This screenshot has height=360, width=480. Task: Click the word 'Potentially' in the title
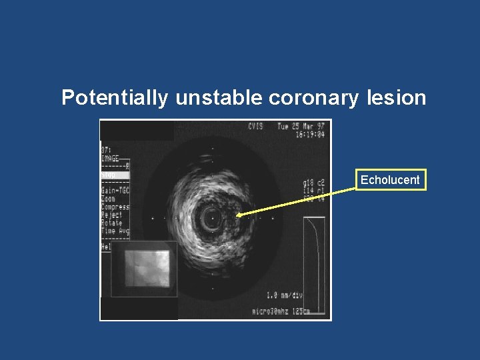tap(115, 98)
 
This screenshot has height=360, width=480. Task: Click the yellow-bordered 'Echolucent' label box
tap(390, 180)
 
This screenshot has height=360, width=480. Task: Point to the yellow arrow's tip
tap(237, 215)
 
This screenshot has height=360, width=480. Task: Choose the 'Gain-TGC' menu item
tap(115, 191)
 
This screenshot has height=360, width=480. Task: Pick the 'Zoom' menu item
tap(108, 199)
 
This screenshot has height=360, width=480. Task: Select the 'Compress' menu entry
tap(115, 207)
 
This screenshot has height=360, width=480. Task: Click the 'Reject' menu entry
tap(112, 215)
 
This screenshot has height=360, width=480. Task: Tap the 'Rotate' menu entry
tap(112, 223)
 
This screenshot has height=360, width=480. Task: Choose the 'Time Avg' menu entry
tap(115, 231)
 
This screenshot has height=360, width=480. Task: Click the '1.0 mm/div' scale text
tap(285, 295)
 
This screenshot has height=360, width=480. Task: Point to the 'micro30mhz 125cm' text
tap(282, 311)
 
